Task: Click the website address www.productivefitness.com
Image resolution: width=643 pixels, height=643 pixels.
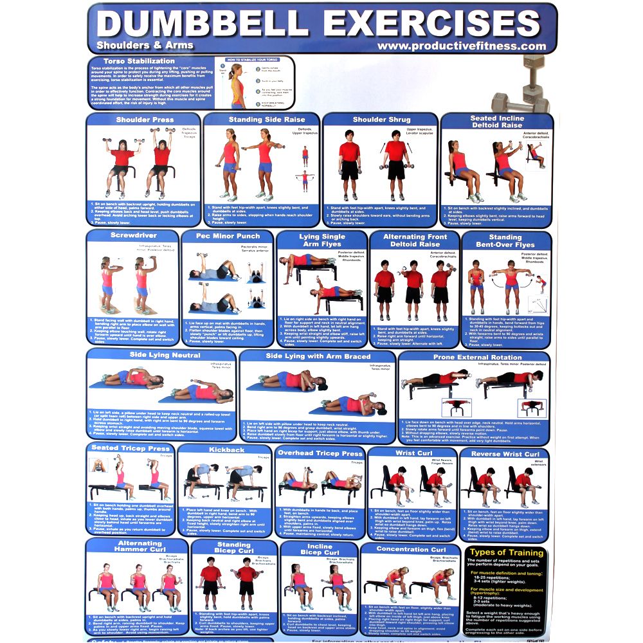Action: pos(461,46)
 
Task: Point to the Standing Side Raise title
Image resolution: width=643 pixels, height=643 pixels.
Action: pos(262,120)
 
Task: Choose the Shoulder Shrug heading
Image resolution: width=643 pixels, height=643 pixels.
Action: pos(381,120)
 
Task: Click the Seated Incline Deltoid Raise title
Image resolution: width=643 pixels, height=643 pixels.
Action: pos(496,122)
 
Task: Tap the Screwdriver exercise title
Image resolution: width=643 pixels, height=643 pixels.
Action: pos(133,236)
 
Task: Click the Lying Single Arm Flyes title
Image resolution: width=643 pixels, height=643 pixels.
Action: pos(322,240)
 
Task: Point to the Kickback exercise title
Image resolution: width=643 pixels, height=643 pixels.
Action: pos(226,450)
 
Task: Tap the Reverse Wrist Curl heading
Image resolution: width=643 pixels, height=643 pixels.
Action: pos(505,454)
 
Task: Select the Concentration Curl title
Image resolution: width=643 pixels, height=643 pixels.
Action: pos(412,550)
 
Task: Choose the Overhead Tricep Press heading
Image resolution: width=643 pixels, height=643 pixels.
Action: pos(320,453)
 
